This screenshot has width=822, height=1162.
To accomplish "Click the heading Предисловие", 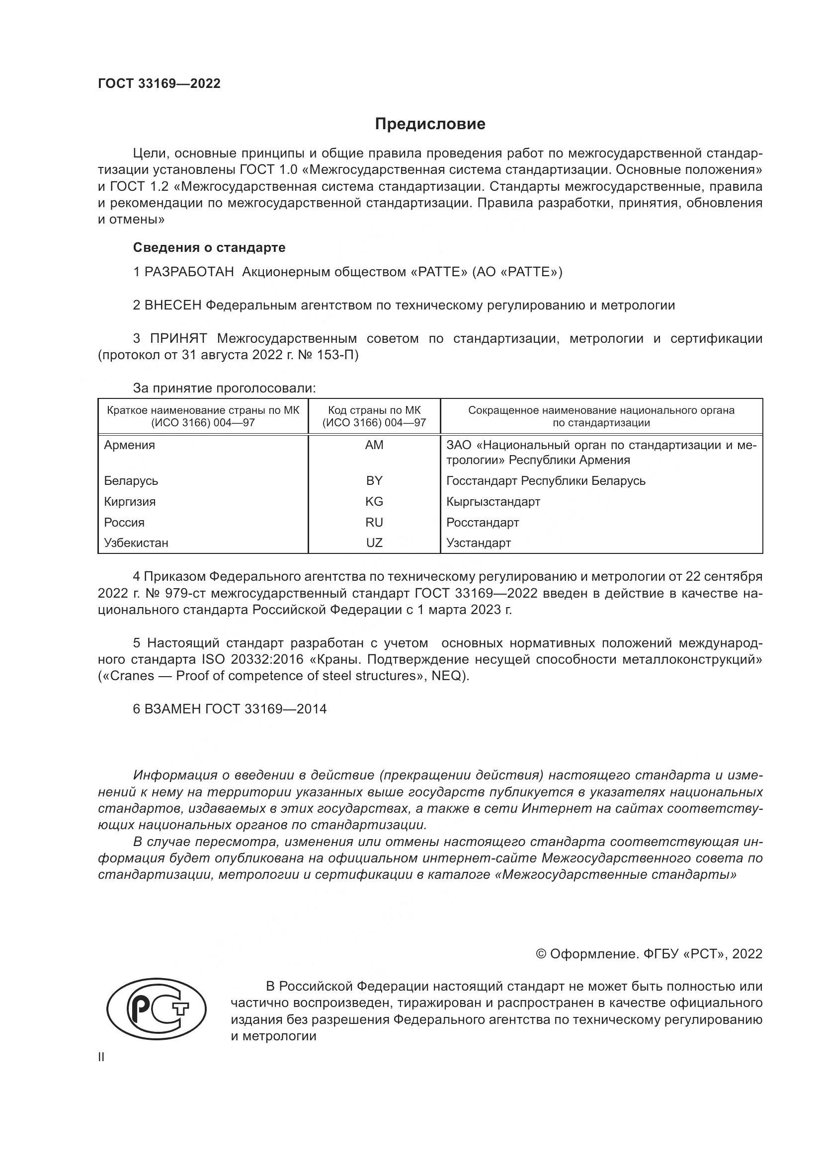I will tap(430, 124).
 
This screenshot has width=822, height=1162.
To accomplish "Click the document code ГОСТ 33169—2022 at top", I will tap(159, 83).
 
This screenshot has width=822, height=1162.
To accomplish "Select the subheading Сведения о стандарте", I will tap(209, 247).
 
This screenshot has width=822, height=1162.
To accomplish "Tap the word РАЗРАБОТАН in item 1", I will tap(189, 272).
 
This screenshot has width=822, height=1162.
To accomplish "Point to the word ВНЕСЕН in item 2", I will tap(172, 305).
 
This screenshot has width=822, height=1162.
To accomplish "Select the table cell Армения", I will tap(130, 445).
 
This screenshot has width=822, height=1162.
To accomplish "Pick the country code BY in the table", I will tap(374, 481).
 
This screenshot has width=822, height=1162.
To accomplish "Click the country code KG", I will tap(374, 502).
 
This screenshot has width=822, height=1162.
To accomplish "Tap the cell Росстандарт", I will tap(483, 522).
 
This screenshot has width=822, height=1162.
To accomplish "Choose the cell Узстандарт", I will tap(478, 543).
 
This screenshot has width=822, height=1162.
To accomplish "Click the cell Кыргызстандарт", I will tap(493, 502).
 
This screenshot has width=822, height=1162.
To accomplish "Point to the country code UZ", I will tap(374, 543).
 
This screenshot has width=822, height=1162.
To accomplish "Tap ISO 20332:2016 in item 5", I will tap(259, 659).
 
